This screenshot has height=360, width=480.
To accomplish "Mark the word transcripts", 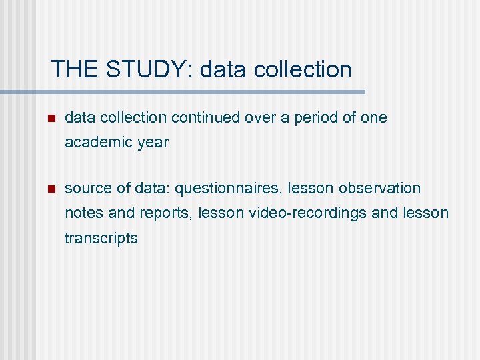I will (x=101, y=238).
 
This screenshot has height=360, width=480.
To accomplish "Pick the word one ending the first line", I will (x=373, y=118).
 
